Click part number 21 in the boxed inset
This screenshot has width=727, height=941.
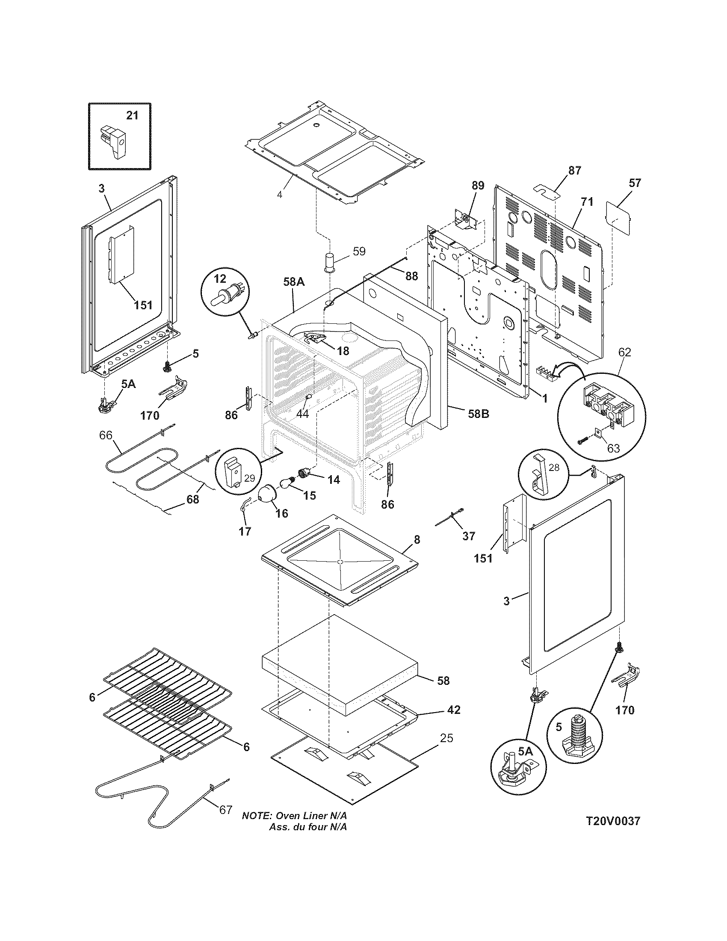click(x=132, y=115)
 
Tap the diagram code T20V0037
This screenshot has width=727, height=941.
click(x=613, y=833)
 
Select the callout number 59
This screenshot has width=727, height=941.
click(x=359, y=251)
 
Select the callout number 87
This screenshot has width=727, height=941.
click(x=574, y=170)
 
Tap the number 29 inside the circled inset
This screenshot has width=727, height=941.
click(x=249, y=478)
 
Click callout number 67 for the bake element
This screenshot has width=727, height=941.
click(x=226, y=810)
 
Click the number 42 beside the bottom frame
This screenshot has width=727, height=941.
click(x=453, y=710)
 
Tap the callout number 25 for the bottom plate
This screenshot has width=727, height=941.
click(x=446, y=738)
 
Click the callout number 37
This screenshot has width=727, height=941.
click(x=469, y=536)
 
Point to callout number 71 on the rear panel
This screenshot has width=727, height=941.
click(x=587, y=201)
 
